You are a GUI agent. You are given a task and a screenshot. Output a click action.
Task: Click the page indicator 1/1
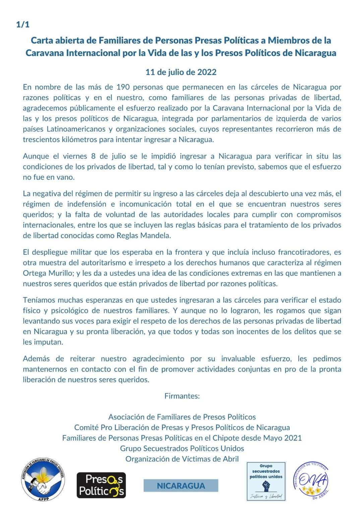click(23, 24)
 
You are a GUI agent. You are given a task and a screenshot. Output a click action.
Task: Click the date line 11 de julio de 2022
click(181, 72)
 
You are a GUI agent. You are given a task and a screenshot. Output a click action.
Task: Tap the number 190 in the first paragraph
click(123, 87)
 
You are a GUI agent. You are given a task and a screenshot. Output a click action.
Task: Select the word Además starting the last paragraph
click(36, 359)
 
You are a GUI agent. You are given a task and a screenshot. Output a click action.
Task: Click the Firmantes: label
click(182, 396)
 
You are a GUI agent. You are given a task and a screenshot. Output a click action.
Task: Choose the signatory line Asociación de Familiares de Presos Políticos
click(182, 417)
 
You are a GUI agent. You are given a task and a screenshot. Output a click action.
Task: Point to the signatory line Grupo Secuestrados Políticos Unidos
click(182, 448)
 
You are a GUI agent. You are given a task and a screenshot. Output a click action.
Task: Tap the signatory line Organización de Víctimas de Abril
click(182, 459)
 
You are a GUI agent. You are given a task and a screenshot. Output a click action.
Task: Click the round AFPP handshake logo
click(43, 479)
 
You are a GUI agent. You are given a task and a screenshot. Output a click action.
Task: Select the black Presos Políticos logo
click(101, 485)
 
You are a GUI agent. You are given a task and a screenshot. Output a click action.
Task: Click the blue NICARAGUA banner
click(181, 486)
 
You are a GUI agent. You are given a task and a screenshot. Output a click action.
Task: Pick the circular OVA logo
click(311, 481)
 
